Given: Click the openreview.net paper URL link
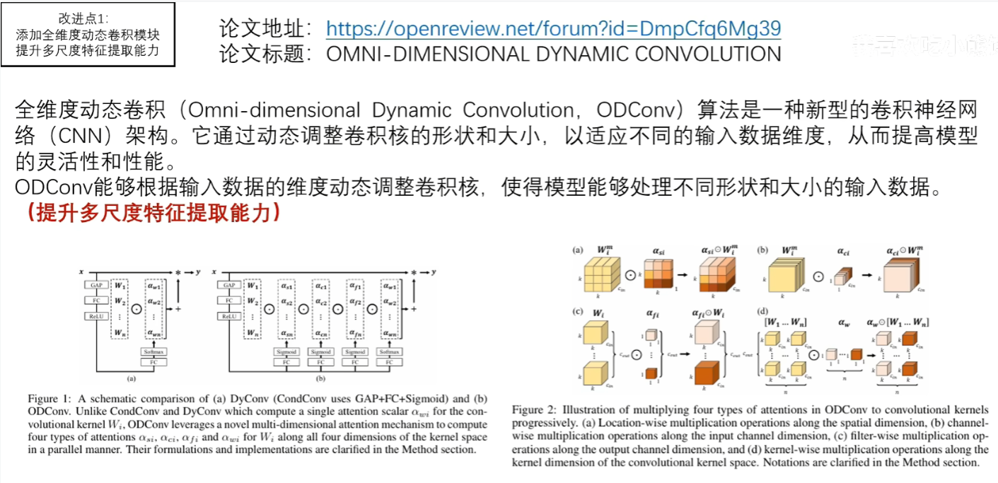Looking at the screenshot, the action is pos(553,28).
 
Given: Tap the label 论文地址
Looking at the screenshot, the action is pos(265,28).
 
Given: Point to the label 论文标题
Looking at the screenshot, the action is pos(265,54).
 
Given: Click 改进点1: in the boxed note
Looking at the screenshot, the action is pos(88,19).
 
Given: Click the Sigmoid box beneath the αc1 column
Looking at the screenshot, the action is pos(321,351).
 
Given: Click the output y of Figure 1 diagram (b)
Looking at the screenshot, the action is pos(432,272).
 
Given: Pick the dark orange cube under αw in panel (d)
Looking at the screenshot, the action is pos(857,354).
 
